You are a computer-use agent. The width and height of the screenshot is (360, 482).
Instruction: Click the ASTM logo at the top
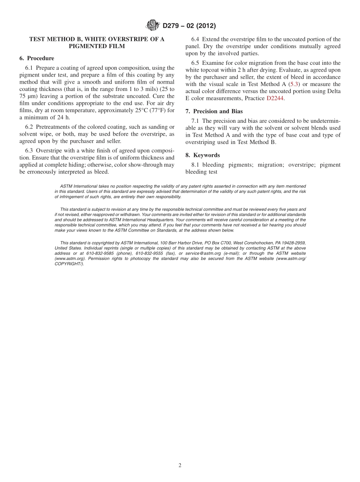pyautogui.click(x=153, y=25)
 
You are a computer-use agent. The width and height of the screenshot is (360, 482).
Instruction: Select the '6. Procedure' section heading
pyautogui.click(x=37, y=58)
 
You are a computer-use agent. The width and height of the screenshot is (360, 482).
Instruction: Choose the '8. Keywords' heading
pyautogui.click(x=203, y=155)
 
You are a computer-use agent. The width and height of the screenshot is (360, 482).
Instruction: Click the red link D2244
pyautogui.click(x=275, y=99)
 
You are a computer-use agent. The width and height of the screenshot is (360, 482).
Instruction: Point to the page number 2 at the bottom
pyautogui.click(x=180, y=466)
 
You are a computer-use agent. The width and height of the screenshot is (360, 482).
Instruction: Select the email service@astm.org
pyautogui.click(x=205, y=254)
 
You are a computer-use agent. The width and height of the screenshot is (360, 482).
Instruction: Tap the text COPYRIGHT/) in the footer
pyautogui.click(x=69, y=264)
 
